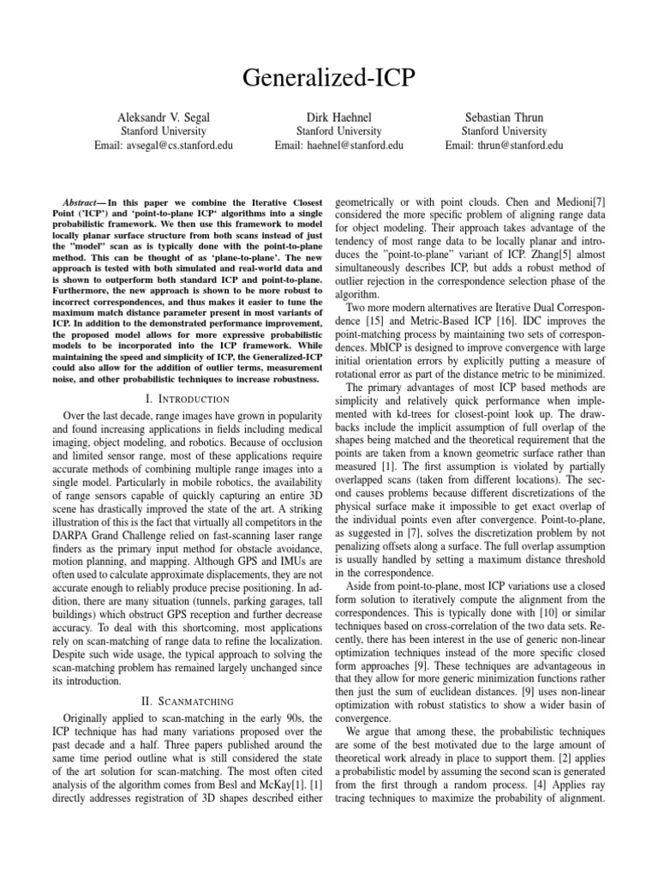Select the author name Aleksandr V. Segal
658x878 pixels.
tap(163, 116)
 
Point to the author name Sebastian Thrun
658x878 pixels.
tap(504, 116)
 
